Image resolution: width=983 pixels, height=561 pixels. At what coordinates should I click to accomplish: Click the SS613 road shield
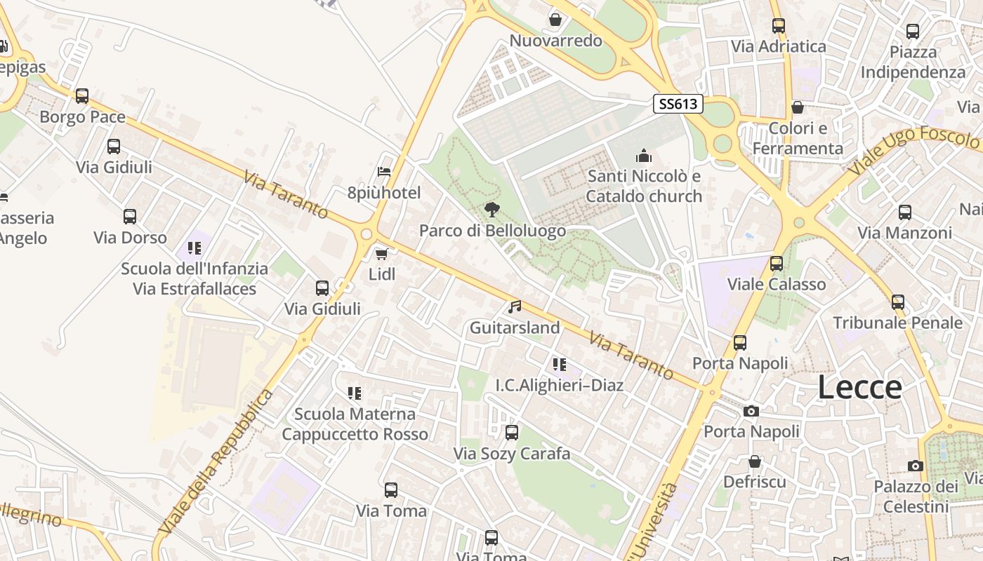(x=678, y=104)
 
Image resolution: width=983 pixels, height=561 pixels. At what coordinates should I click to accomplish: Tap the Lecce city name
(x=859, y=388)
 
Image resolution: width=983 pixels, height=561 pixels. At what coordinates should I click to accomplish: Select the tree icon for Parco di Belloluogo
(x=492, y=209)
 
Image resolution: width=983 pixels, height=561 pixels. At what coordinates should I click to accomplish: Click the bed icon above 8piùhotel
(x=384, y=171)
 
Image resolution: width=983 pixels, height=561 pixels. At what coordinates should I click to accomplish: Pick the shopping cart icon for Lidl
(x=381, y=253)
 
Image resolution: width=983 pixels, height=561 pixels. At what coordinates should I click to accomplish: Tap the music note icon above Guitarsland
(x=515, y=306)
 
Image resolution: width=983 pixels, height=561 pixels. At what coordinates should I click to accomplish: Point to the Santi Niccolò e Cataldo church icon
(x=644, y=156)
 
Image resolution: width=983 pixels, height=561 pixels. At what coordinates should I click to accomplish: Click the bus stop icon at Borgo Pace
(x=82, y=96)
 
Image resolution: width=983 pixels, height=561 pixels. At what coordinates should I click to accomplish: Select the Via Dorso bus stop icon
(x=130, y=217)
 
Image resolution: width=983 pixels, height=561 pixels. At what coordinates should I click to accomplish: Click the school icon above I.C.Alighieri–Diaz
(x=559, y=364)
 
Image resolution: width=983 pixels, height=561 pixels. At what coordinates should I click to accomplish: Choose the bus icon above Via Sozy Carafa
(x=512, y=433)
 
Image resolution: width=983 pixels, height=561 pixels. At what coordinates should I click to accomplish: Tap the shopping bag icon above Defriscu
(x=754, y=461)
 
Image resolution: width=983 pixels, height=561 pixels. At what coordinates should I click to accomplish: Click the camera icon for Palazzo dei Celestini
(x=915, y=466)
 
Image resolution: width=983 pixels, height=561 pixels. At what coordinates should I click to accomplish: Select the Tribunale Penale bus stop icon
(x=898, y=302)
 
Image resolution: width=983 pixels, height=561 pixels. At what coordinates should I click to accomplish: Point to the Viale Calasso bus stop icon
(x=776, y=264)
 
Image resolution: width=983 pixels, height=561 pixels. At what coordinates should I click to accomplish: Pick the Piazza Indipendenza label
(x=913, y=62)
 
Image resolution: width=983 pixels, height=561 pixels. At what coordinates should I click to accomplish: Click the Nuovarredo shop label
(x=555, y=41)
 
